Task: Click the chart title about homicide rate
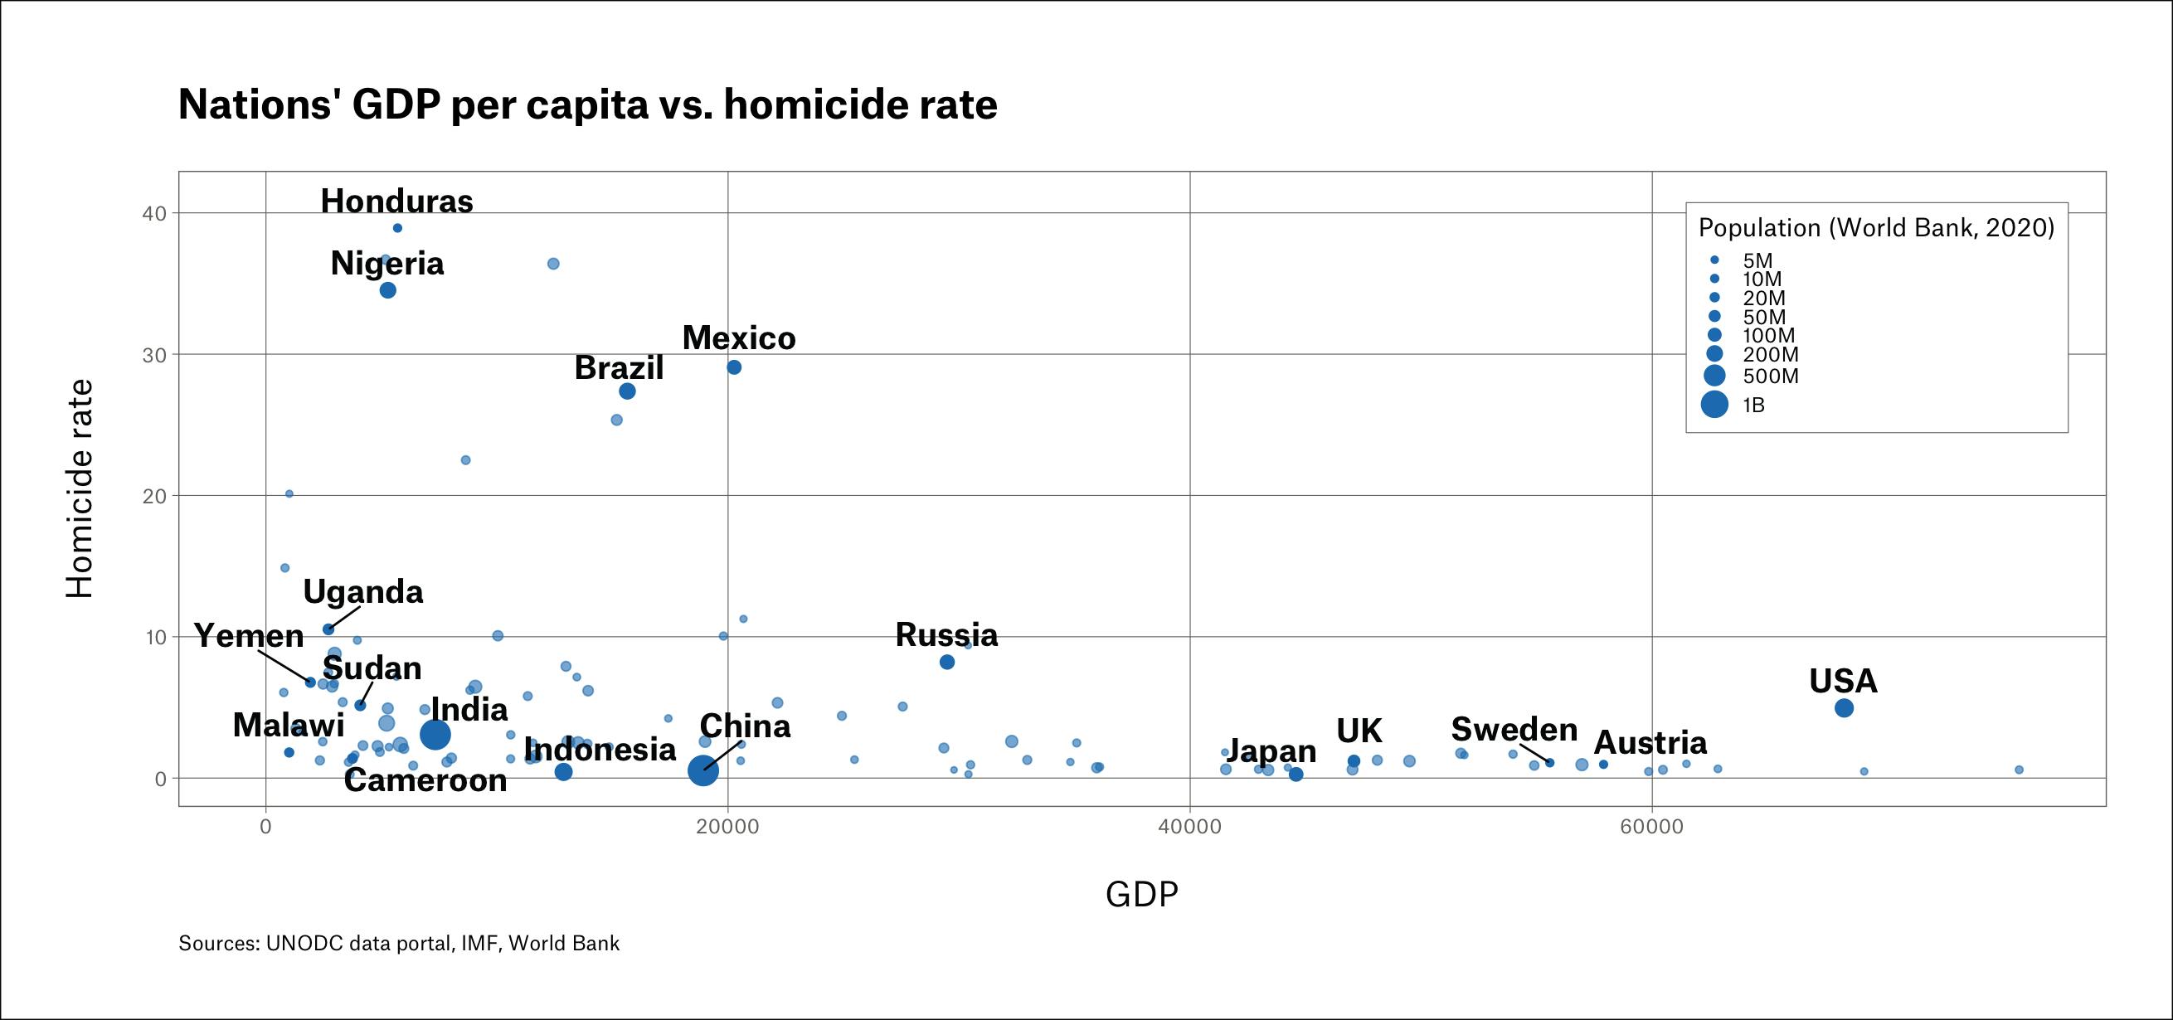[x=587, y=105]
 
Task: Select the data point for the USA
[x=1844, y=708]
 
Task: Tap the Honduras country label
[x=396, y=202]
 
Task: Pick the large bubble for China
[x=702, y=770]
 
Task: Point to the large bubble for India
[x=435, y=735]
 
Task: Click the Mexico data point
[x=734, y=367]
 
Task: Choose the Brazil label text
[x=619, y=369]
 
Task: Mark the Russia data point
[x=946, y=663]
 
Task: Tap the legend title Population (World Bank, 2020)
[x=1876, y=228]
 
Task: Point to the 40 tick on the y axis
[x=154, y=213]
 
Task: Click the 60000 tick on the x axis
[x=1651, y=827]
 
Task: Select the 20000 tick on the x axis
[x=727, y=827]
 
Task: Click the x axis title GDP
[x=1141, y=894]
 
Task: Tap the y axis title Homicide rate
[x=80, y=488]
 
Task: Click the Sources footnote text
[x=399, y=943]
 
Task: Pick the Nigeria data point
[x=388, y=290]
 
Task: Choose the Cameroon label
[x=425, y=780]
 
